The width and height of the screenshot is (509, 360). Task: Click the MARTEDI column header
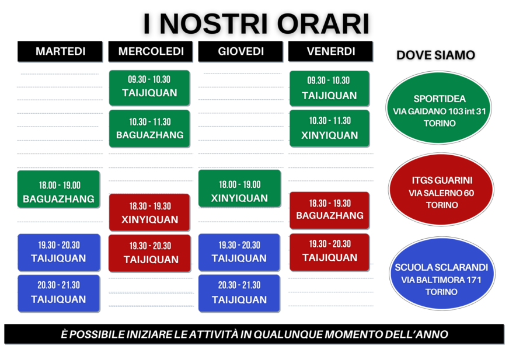[60, 51]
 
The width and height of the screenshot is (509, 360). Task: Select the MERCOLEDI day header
[151, 51]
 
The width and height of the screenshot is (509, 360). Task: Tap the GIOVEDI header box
[240, 51]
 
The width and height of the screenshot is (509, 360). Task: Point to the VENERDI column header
[330, 51]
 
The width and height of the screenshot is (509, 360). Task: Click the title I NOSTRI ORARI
[256, 23]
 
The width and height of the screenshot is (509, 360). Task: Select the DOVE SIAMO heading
[435, 55]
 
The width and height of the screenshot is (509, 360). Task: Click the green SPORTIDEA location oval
[438, 108]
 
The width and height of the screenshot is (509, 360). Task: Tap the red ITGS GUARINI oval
[441, 190]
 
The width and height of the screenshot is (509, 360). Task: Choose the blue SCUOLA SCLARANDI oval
[442, 273]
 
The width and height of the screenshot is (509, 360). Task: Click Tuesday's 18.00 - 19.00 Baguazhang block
[58, 189]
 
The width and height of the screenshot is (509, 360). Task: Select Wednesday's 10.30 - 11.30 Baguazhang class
[149, 128]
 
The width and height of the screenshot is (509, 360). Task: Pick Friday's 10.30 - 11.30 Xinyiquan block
[329, 128]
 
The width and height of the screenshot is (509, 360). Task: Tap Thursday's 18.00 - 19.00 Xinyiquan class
[239, 188]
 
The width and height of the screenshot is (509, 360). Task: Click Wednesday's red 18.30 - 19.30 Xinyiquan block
[149, 212]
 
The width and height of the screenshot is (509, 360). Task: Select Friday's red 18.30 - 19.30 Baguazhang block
[329, 211]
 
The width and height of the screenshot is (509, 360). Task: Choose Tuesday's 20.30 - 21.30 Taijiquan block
[59, 293]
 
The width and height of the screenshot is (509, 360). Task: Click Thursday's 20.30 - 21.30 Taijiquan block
[239, 293]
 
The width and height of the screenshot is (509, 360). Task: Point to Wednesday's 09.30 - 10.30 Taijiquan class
[149, 88]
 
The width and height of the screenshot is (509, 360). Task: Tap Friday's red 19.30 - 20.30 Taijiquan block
[329, 252]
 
